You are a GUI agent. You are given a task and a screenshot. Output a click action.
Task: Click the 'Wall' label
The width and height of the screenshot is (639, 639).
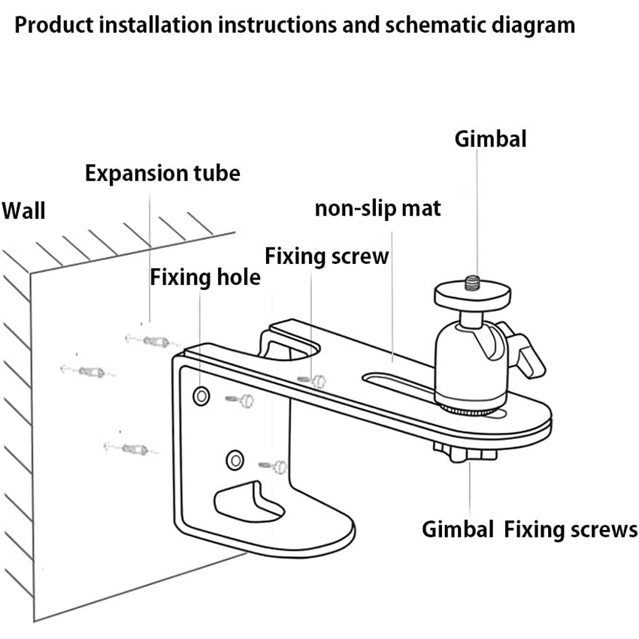23,210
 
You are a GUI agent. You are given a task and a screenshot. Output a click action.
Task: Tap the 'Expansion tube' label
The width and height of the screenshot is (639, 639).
162,174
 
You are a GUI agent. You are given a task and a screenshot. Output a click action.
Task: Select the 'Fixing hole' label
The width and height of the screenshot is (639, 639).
205,277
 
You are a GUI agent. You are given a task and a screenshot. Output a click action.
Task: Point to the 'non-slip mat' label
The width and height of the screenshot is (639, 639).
377,208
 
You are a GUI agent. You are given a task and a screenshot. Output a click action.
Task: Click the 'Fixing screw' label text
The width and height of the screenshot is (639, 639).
327,256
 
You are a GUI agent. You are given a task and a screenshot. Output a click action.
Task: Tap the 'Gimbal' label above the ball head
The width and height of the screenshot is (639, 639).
490,138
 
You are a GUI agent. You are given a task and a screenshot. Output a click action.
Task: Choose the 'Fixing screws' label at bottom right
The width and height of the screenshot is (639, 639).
571,529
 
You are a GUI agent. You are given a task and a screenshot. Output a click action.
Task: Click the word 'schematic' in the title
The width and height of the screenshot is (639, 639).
439,26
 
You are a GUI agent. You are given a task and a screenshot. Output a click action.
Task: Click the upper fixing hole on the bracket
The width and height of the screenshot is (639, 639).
201,396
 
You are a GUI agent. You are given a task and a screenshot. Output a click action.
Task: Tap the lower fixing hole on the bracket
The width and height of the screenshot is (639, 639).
235,458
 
